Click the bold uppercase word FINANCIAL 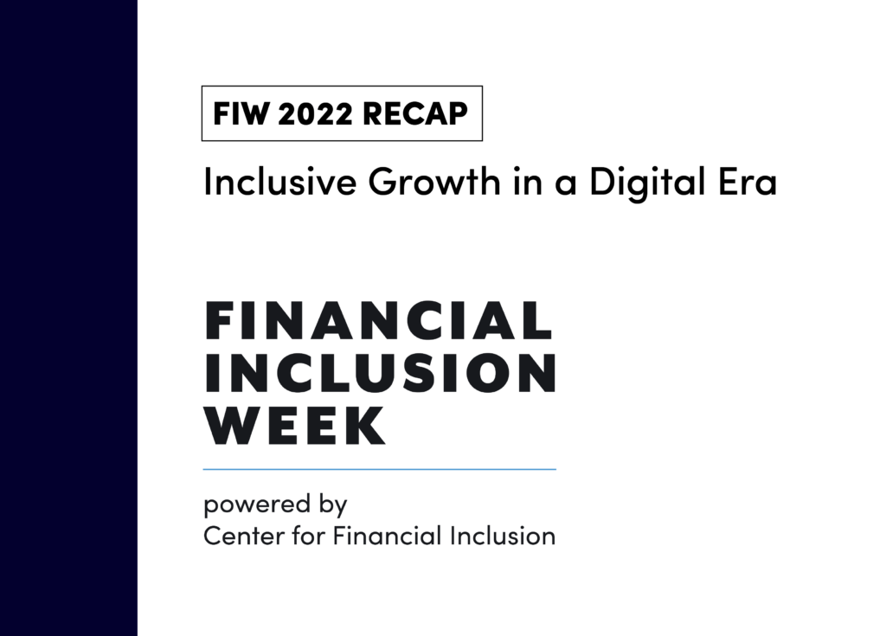(378, 321)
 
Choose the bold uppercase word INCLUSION (381, 373)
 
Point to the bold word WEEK (295, 425)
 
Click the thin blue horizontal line (379, 469)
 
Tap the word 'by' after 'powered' (331, 505)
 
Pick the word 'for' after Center (299, 536)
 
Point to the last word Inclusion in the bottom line (503, 536)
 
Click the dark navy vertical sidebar (68, 318)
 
